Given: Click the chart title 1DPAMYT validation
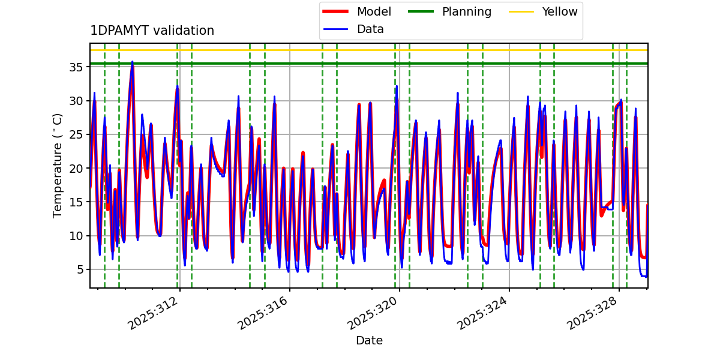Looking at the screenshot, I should click(x=152, y=31).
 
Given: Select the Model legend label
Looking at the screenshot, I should click(x=374, y=12).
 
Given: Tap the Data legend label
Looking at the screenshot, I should click(x=370, y=29).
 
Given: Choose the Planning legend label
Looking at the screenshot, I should click(x=466, y=12).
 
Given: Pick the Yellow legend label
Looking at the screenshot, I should click(x=559, y=12).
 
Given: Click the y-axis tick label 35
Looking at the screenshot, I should click(x=77, y=67).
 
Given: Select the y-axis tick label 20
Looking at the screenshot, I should click(x=77, y=168).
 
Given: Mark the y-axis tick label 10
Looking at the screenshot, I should click(x=77, y=236).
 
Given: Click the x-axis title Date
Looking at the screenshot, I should click(x=369, y=341).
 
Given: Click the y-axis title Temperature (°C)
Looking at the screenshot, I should click(x=58, y=165).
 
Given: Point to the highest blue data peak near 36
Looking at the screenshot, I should click(x=133, y=61).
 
